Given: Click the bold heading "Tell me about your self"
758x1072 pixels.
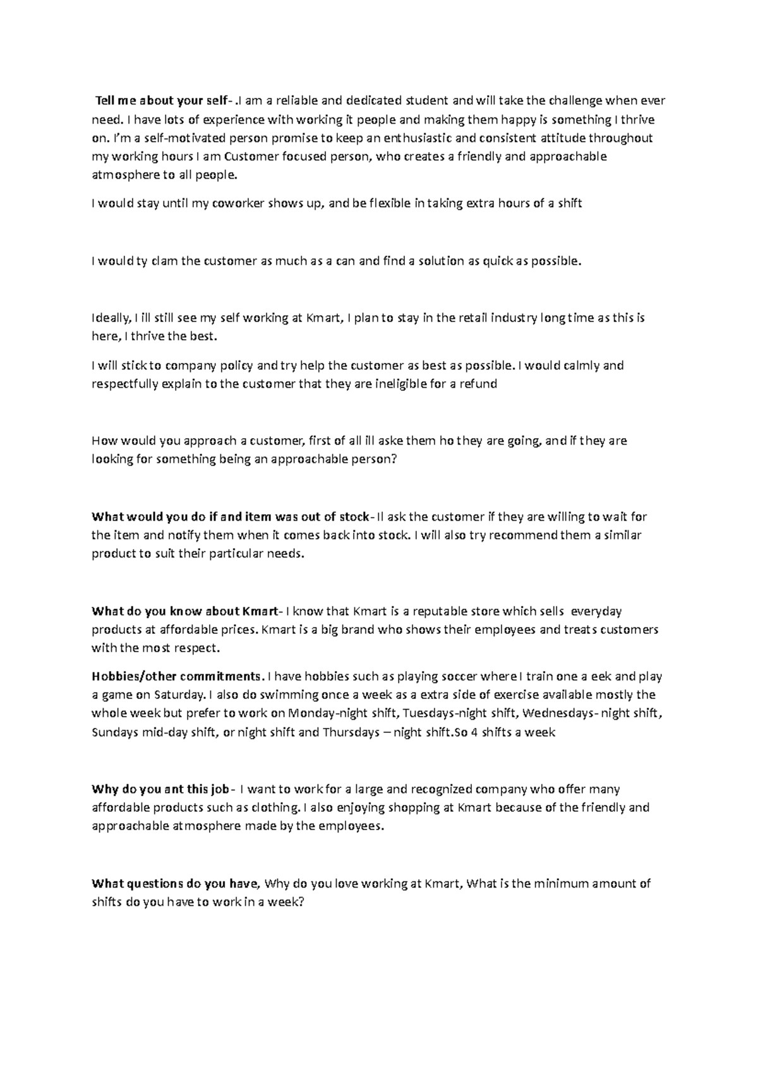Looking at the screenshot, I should [x=164, y=101].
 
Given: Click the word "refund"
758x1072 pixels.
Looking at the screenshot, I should [x=479, y=384].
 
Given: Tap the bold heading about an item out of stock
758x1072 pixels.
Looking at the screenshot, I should [x=232, y=517].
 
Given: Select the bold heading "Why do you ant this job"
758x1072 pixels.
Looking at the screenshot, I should [x=160, y=789].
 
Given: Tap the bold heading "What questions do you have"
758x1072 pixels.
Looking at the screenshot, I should [x=175, y=884].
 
